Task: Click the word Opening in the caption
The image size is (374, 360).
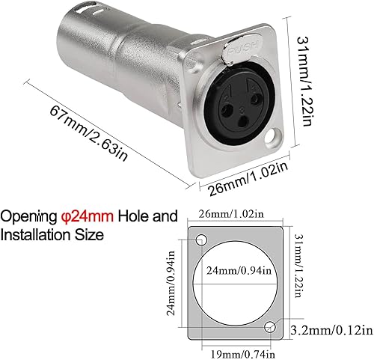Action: (28, 217)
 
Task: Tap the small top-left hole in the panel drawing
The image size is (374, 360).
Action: (201, 240)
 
